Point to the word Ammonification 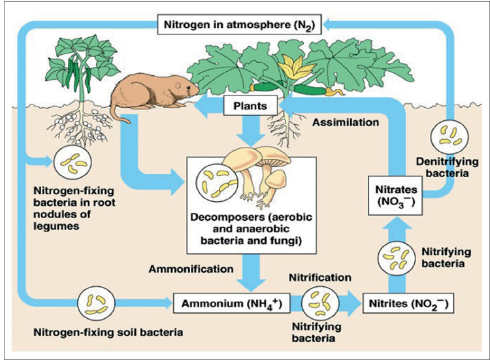191,269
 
